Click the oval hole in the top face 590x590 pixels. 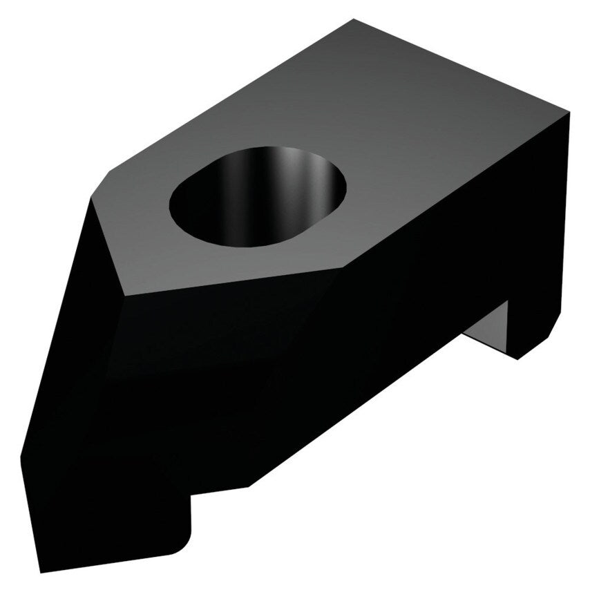257,197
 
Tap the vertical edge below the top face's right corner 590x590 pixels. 568,207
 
